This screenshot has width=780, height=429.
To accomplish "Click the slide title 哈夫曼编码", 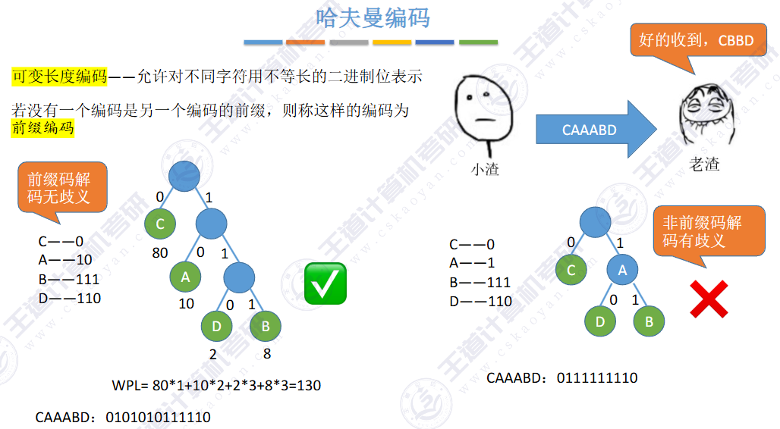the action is point(372,18).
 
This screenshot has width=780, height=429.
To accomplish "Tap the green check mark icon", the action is point(326,284).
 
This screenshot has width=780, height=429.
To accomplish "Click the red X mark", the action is point(709,298).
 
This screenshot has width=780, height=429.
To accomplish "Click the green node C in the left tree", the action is point(160,224).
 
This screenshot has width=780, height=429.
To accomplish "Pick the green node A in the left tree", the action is point(185,277).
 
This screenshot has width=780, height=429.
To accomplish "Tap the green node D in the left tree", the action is point(217,326).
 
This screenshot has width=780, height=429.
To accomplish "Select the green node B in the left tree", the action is point(266,326).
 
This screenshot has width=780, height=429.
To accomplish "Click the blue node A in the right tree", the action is point(622,270).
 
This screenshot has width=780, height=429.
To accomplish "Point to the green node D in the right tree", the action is point(600,321).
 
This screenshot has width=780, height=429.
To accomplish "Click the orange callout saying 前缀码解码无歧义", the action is point(62,189).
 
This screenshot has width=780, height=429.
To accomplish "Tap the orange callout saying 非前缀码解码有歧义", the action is point(709,233).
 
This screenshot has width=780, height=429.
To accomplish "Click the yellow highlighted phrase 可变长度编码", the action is point(59,77).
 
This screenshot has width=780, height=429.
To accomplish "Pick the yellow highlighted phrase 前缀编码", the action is point(42,127).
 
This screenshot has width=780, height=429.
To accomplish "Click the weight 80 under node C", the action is point(159,253).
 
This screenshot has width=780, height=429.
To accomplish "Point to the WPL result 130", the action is point(309,385).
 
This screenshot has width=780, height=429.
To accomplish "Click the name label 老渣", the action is point(703,164).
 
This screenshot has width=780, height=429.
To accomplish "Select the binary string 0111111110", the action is point(597,377).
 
